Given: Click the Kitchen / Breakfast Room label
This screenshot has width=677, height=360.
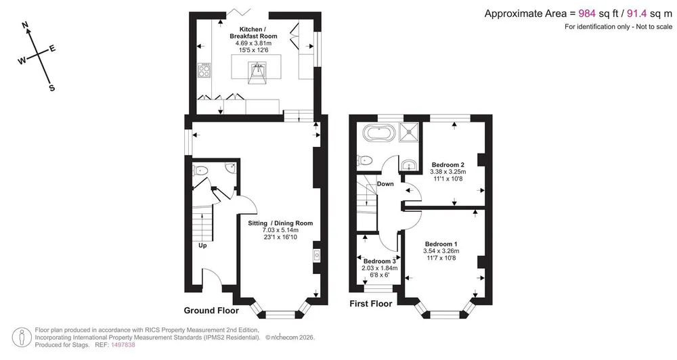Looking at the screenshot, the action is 253,32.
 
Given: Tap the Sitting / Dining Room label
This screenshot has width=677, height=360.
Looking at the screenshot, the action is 280,223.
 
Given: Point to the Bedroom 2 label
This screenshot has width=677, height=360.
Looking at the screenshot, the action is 447,164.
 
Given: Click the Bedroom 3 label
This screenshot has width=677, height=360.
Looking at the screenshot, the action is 380,261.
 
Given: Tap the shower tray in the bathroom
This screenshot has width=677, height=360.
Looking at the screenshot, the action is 408,132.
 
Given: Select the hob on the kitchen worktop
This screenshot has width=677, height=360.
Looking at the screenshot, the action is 204,70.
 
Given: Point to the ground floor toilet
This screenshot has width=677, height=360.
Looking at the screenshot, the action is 200,171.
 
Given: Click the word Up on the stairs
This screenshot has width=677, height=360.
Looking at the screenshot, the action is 202,246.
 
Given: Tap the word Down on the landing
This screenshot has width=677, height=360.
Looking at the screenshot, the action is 385,184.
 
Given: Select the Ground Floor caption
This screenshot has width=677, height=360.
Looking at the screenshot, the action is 211,311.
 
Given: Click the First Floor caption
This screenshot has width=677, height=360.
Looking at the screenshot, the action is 371,303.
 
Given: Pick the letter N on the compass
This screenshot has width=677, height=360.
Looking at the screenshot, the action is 26,26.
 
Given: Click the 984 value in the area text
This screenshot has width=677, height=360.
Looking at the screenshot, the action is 587,14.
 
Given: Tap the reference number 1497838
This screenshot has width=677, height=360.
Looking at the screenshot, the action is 123,345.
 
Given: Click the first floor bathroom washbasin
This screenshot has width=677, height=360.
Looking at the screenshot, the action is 408,165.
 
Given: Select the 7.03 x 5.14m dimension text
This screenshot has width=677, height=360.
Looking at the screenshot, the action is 280,230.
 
